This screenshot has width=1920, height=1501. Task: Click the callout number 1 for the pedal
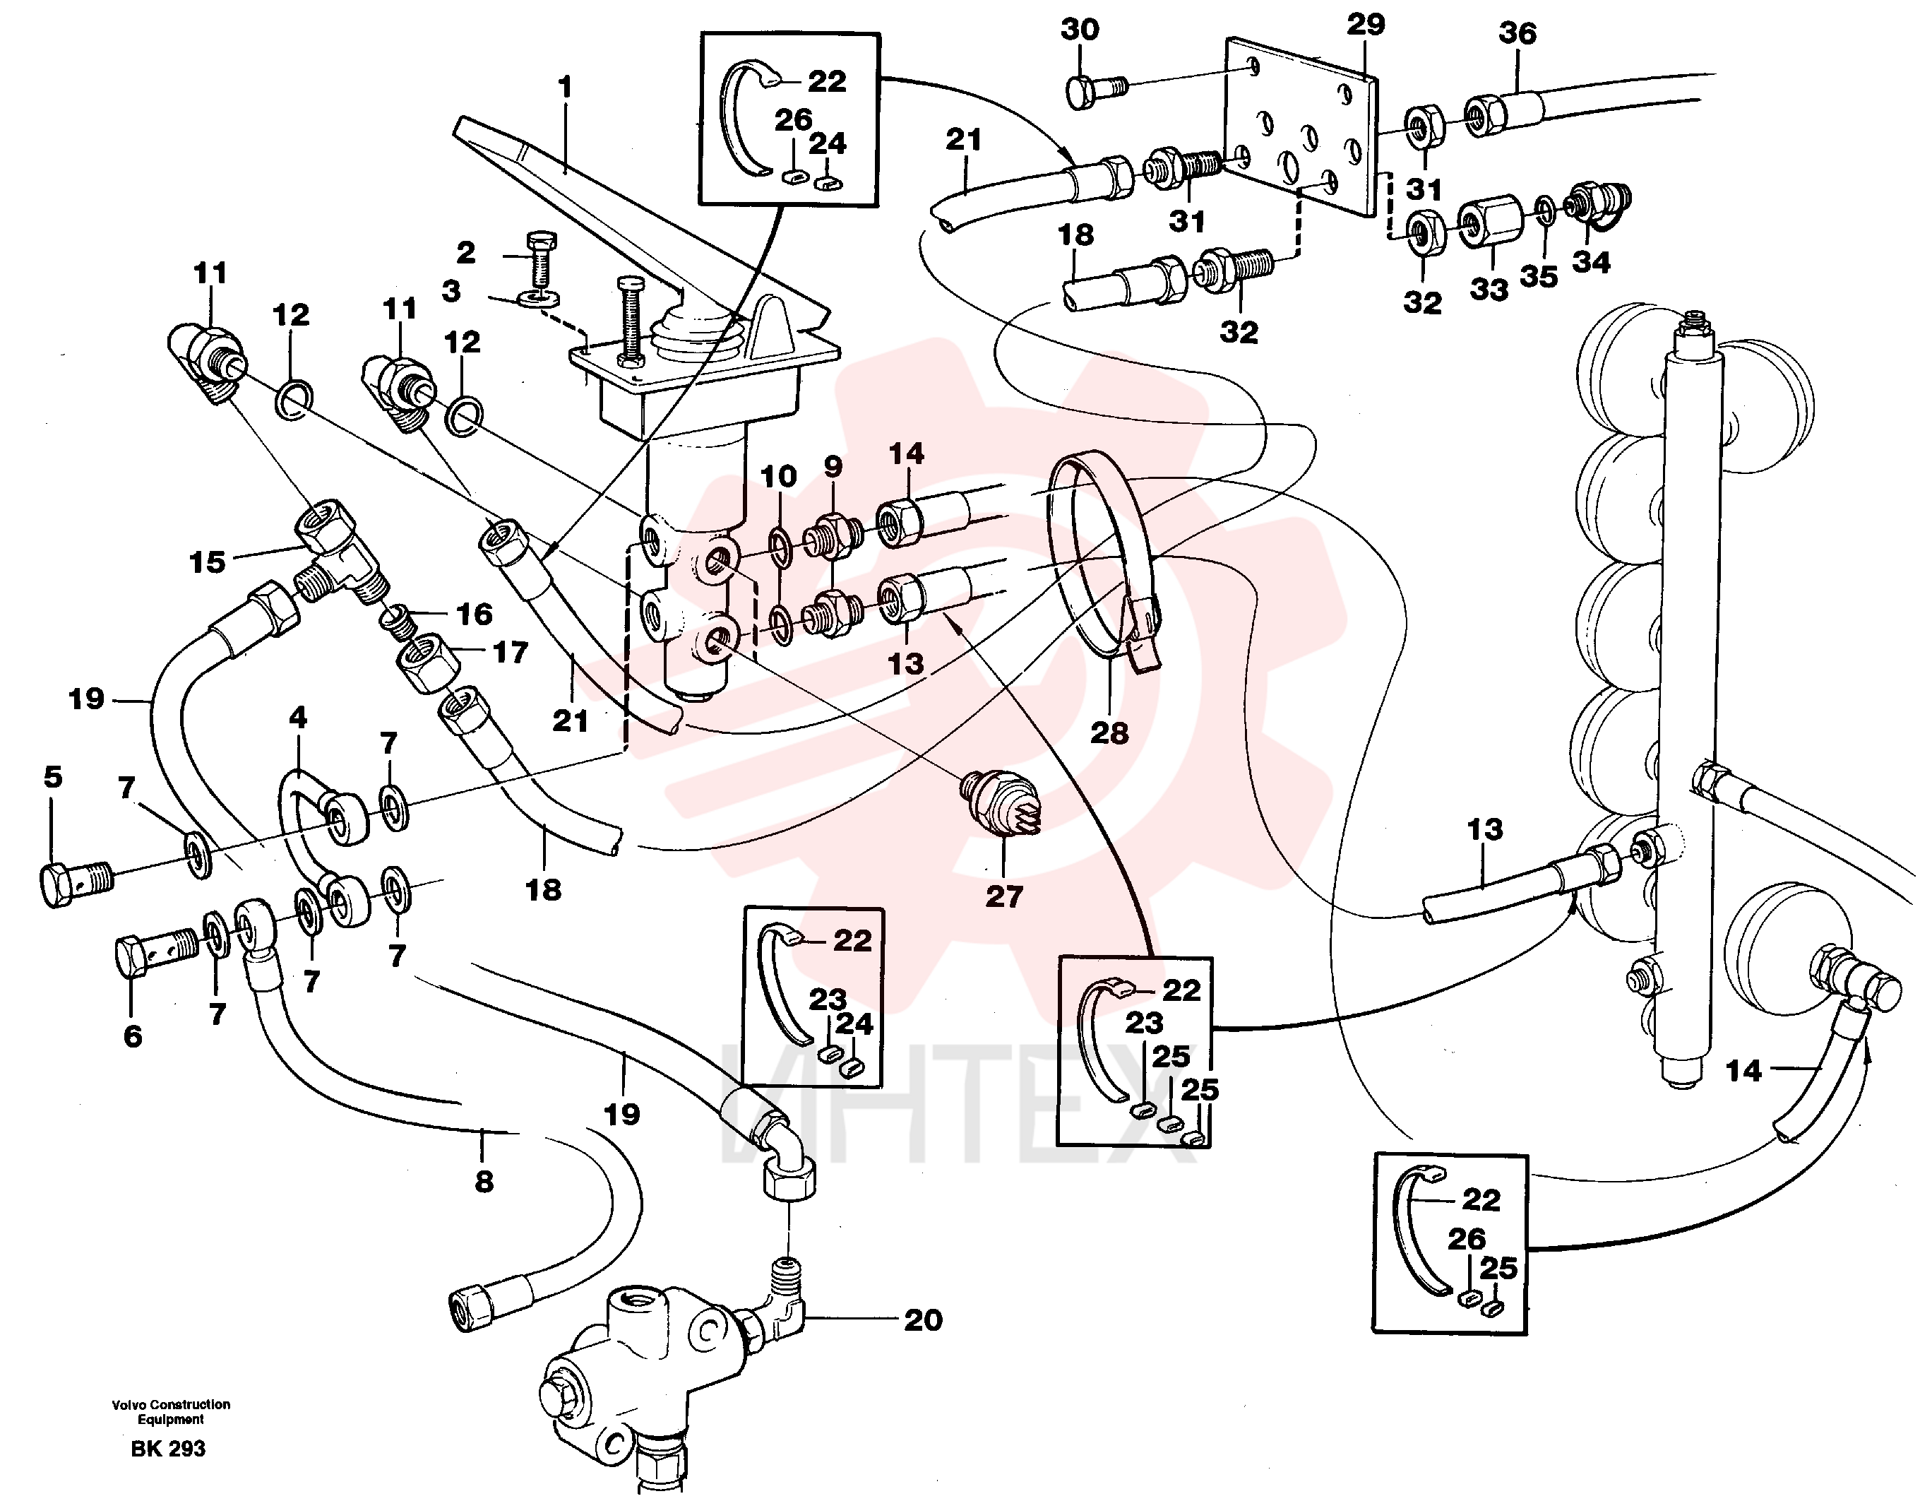coord(564,87)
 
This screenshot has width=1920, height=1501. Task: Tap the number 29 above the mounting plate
coord(1365,25)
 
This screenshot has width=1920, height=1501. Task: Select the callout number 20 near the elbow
coord(923,1320)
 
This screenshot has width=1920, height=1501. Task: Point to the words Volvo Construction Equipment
coord(171,1411)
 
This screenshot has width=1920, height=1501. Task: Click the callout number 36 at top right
coord(1517,33)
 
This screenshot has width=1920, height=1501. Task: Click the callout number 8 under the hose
coord(484,1182)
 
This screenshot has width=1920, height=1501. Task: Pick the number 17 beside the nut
coord(510,653)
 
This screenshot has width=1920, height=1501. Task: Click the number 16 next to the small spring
coord(475,614)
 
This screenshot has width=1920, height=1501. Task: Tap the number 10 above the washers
coord(778,477)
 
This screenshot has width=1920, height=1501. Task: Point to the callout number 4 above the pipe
coord(298,718)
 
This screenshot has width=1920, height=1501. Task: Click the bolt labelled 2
coord(542,263)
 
